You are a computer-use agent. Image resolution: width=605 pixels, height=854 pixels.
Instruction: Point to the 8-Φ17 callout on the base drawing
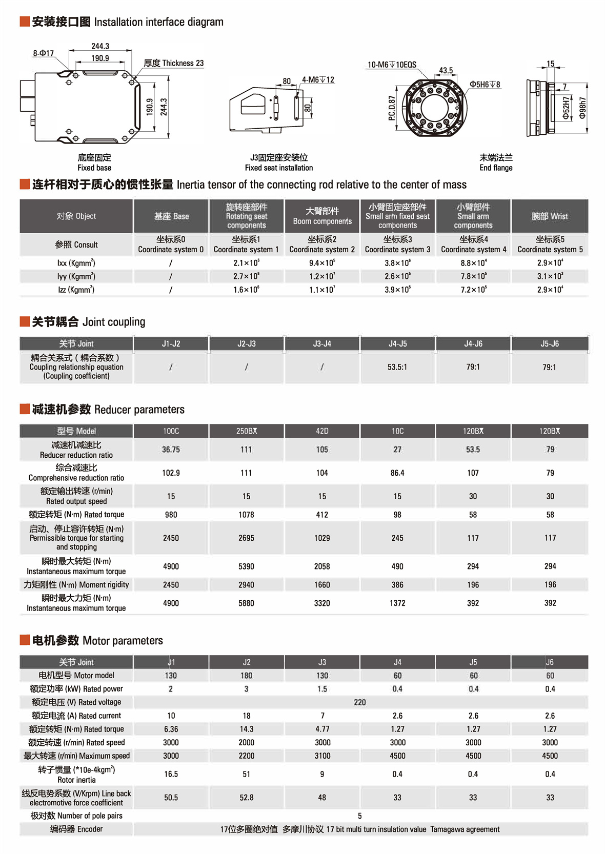click(43, 53)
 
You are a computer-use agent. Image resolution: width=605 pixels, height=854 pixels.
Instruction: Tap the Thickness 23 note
click(174, 63)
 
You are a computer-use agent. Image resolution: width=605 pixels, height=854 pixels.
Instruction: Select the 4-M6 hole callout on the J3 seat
click(318, 80)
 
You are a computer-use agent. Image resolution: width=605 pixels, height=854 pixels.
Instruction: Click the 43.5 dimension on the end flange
click(446, 70)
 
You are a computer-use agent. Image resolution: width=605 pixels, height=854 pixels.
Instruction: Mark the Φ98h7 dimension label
click(582, 108)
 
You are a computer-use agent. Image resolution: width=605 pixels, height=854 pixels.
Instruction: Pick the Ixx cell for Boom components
click(322, 263)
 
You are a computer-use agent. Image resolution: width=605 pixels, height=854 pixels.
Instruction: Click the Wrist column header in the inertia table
click(550, 216)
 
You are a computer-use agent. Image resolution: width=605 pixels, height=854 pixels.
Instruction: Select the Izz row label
click(76, 290)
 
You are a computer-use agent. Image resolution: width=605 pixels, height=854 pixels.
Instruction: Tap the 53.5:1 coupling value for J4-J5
click(397, 367)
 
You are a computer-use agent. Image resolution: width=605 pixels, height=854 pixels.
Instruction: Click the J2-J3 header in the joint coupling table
click(247, 343)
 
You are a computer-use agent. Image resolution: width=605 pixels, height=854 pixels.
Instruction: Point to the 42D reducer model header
click(322, 431)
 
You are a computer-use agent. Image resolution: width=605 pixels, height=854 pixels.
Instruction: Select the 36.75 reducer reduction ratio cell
click(171, 450)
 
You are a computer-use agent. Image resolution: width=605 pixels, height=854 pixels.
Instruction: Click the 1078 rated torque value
click(247, 515)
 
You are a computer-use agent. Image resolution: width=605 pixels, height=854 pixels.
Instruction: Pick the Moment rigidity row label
click(76, 585)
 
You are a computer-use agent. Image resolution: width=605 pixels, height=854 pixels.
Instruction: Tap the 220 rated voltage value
click(360, 702)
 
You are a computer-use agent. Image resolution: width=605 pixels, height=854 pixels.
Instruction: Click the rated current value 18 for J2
click(247, 716)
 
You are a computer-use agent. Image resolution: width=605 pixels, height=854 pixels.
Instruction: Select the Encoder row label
click(76, 829)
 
